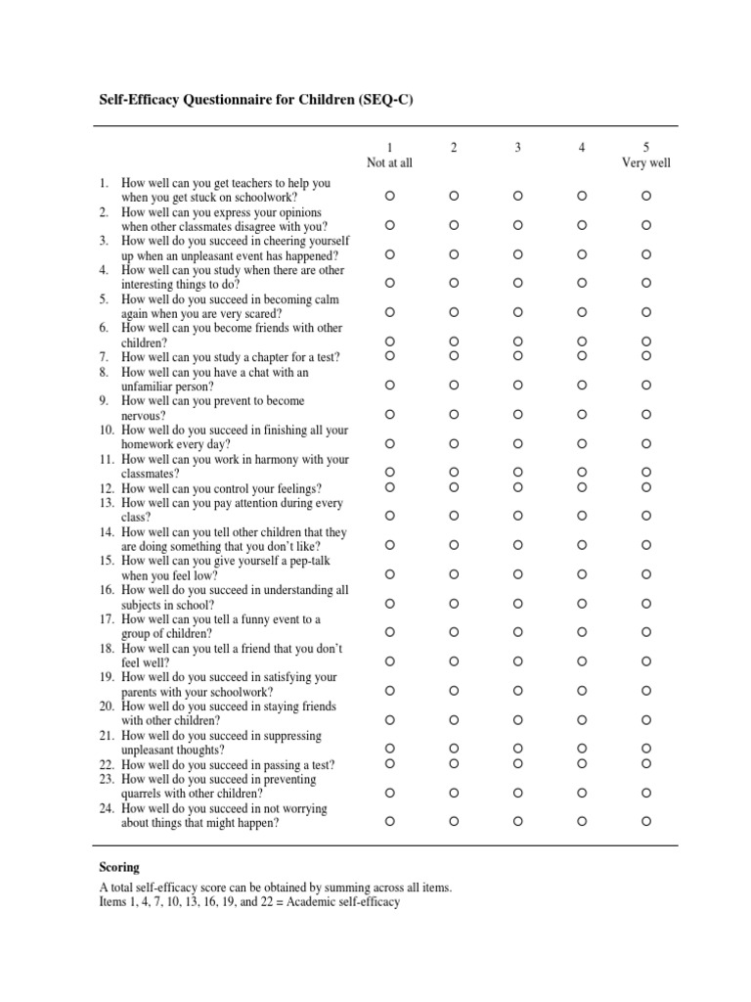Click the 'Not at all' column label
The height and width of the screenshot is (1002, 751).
click(x=389, y=162)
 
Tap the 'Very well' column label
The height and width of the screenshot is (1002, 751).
click(x=646, y=162)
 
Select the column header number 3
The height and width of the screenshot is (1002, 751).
click(x=518, y=148)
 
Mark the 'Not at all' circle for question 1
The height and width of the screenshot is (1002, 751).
click(x=389, y=197)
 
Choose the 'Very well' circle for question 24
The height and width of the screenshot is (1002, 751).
click(x=646, y=822)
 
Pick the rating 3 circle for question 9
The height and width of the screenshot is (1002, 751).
click(x=518, y=415)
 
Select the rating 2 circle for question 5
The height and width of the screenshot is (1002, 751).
click(x=454, y=312)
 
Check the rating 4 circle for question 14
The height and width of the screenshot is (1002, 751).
click(x=582, y=545)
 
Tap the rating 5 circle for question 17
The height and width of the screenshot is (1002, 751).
click(x=646, y=632)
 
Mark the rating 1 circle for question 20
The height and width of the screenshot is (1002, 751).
click(x=389, y=719)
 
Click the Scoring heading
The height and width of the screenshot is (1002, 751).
click(x=119, y=867)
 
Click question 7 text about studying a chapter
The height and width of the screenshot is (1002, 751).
click(x=230, y=357)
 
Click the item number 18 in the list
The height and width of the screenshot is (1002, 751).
click(x=106, y=648)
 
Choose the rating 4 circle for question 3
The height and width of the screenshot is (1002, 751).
click(x=582, y=254)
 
